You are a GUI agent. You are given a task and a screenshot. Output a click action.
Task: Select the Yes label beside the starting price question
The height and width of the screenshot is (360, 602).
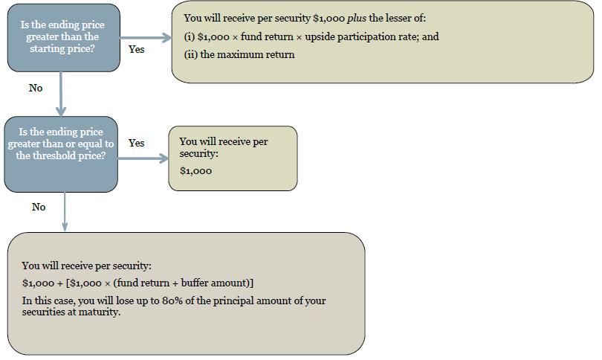[136, 49]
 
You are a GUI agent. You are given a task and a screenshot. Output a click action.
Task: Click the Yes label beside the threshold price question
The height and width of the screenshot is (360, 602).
[136, 143]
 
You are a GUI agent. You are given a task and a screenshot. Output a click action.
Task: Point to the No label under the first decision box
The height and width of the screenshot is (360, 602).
[36, 88]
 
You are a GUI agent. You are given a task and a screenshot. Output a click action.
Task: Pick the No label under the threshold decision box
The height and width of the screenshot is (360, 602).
[39, 207]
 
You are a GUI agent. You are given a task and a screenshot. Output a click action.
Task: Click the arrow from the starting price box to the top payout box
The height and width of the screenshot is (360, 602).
[146, 38]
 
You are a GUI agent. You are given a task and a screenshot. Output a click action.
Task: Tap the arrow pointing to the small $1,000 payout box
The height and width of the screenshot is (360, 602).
[143, 158]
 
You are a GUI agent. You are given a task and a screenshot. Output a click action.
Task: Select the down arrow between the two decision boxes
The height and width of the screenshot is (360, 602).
[61, 94]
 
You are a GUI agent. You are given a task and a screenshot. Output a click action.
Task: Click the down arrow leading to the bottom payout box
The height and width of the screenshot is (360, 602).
[65, 212]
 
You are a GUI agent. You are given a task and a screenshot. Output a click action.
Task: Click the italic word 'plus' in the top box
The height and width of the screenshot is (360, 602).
[356, 19]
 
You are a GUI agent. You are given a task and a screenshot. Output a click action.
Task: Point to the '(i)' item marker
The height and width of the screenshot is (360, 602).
[190, 37]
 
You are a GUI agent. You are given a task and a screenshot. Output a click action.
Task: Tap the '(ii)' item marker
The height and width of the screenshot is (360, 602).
[190, 54]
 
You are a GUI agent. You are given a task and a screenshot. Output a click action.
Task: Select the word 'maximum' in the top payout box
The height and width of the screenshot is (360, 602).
[235, 54]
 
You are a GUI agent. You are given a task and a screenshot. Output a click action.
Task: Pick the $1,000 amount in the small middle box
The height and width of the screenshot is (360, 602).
[195, 171]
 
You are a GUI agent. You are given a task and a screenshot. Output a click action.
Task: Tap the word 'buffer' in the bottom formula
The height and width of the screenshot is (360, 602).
[195, 283]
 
